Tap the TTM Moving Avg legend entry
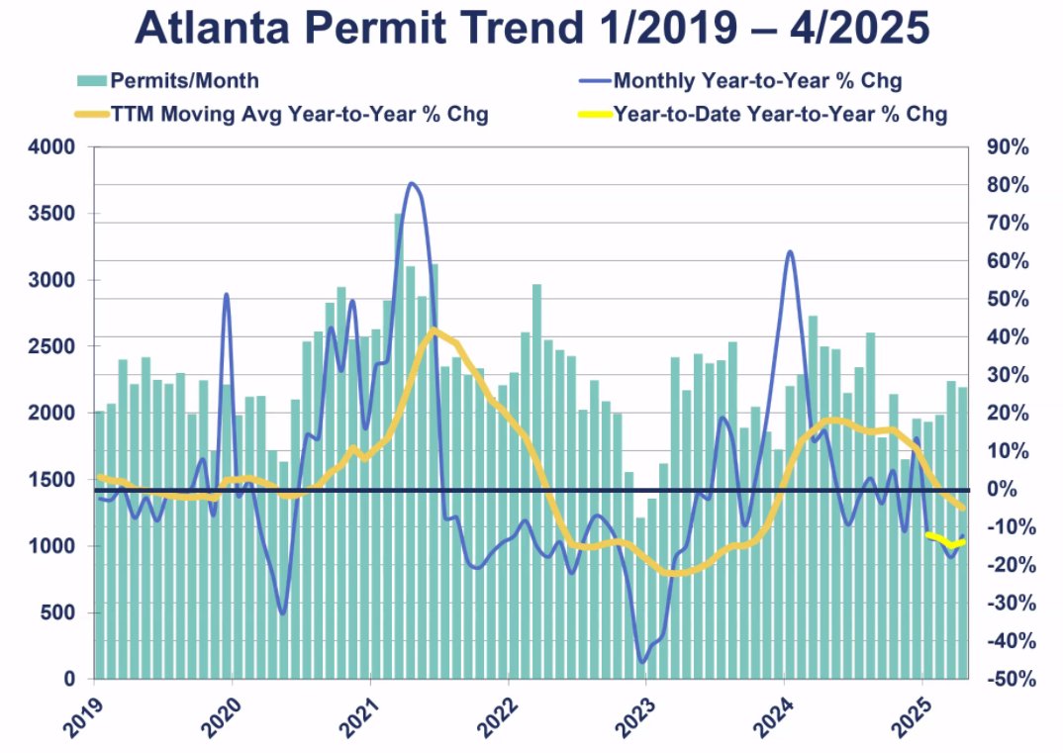click(x=282, y=114)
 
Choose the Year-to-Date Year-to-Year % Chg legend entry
click(x=780, y=114)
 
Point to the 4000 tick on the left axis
click(x=55, y=147)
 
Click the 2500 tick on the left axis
click(x=55, y=347)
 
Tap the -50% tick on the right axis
click(x=1008, y=680)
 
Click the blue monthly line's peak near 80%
click(x=412, y=184)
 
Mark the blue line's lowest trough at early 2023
click(x=643, y=662)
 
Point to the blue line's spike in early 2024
click(x=790, y=252)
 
